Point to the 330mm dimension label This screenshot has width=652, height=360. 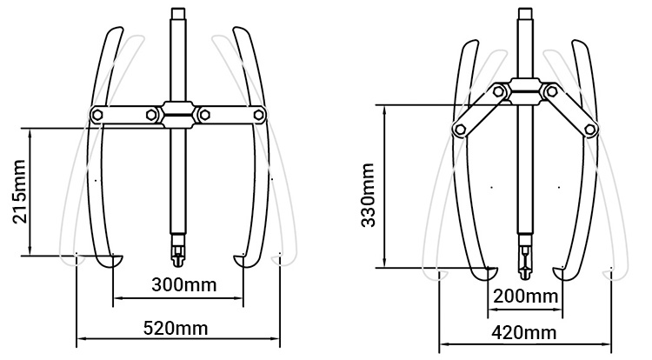point(369,196)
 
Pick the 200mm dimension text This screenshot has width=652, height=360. point(526,297)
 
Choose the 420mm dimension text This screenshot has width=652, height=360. point(525,333)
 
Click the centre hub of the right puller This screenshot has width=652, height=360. point(525,87)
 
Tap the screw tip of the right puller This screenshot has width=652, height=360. point(526,263)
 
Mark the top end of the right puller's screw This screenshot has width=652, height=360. point(525,12)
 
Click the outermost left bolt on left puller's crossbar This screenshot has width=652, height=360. point(98,114)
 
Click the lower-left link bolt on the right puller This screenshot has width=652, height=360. point(459,129)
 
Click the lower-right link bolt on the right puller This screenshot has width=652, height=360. point(591,130)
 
